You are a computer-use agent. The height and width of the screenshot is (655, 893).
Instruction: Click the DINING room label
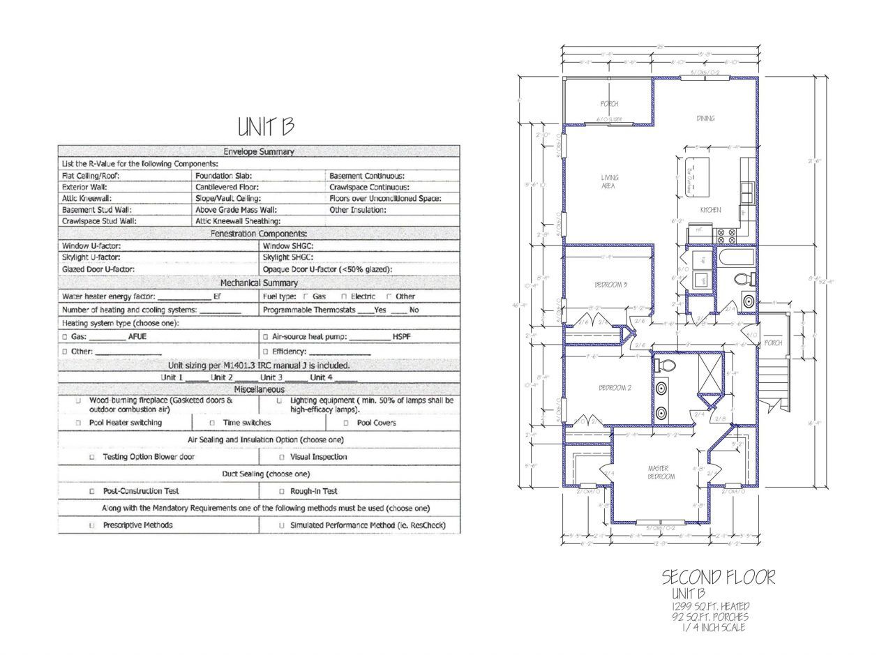[x=705, y=119]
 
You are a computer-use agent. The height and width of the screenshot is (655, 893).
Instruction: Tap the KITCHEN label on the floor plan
[x=710, y=210]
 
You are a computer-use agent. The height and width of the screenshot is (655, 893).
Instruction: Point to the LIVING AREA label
[x=609, y=181]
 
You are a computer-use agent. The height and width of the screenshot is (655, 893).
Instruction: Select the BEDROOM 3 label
[x=610, y=285]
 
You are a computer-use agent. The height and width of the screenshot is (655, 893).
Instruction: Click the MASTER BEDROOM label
[x=661, y=472]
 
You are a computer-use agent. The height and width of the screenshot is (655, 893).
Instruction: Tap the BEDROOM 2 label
[x=615, y=388]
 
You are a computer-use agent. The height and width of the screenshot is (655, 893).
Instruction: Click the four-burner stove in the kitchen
[x=727, y=236]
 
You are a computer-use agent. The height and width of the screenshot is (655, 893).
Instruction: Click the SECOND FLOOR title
[x=718, y=578]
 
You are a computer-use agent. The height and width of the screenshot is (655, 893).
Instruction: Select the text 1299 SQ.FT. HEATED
[x=710, y=606]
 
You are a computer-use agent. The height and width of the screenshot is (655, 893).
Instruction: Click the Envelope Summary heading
[x=259, y=151]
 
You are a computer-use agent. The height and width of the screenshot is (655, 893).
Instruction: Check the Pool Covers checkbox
[x=346, y=423]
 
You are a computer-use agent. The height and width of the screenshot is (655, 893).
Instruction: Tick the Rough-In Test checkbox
[x=282, y=491]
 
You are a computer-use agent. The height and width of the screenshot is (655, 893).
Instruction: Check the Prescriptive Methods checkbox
[x=91, y=525]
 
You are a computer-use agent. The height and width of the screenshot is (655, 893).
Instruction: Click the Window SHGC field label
[x=288, y=246]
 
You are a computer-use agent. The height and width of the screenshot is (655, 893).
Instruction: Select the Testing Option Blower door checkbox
[x=91, y=457]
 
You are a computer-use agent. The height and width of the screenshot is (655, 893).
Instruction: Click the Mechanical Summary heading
[x=259, y=283]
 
